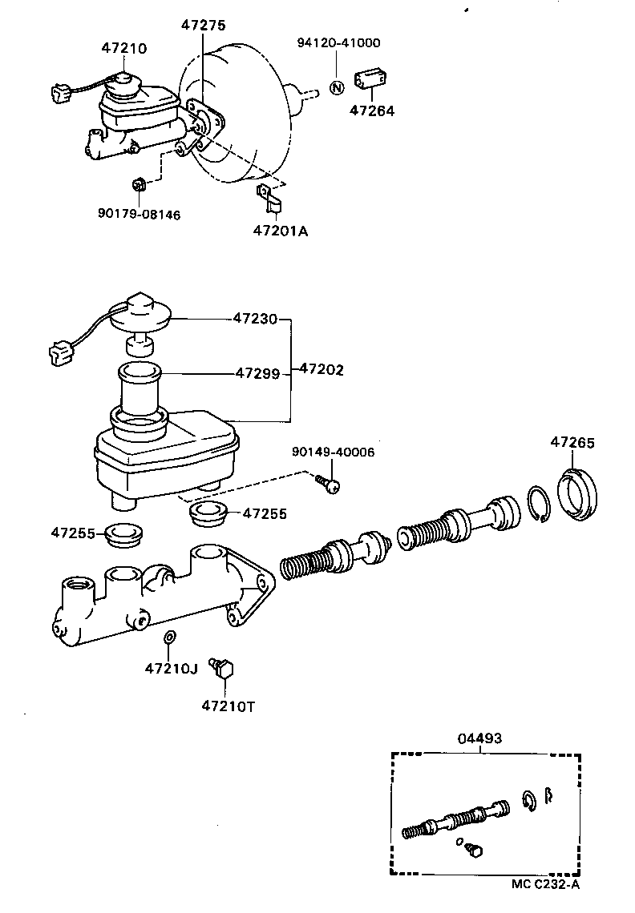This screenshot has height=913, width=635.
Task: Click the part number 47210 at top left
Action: point(123,48)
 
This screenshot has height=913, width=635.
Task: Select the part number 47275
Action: point(202,26)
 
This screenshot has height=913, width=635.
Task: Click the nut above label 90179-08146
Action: point(138,186)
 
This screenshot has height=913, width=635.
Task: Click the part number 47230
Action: point(255,319)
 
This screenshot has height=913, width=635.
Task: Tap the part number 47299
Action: point(257,372)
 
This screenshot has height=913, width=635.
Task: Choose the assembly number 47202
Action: point(322,369)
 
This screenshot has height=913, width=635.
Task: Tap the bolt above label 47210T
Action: point(222,668)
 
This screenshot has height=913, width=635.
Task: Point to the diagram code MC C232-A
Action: point(545,884)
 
